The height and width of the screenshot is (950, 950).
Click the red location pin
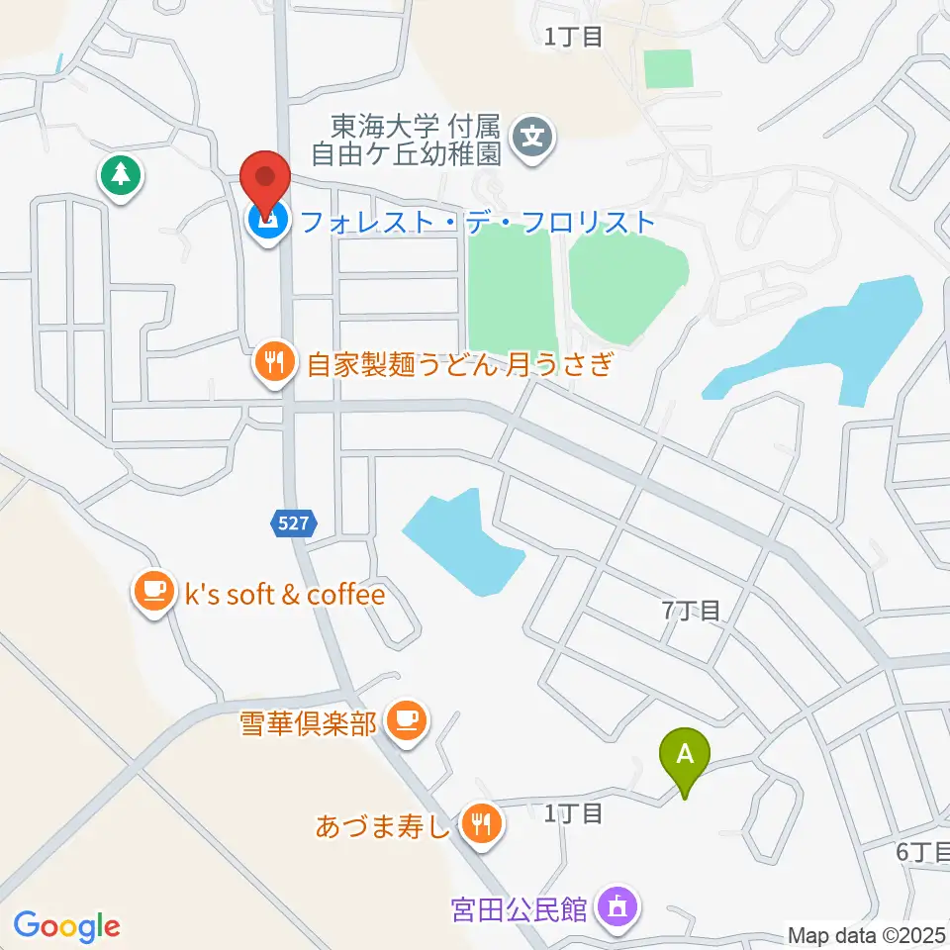click(266, 178)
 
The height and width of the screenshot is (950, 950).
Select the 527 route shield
click(293, 523)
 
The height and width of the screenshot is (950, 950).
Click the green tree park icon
click(121, 176)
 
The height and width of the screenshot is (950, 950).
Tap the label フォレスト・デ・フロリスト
click(478, 222)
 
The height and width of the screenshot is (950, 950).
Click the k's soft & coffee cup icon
click(153, 592)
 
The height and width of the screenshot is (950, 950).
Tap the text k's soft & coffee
click(285, 595)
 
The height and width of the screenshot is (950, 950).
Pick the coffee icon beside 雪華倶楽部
click(406, 719)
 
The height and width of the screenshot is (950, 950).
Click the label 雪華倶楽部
click(308, 723)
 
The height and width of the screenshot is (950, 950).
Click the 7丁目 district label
click(691, 611)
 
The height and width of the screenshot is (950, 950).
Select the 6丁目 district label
click(922, 852)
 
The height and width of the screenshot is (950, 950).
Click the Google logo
click(67, 926)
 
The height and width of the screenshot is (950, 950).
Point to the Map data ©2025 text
click(867, 934)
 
